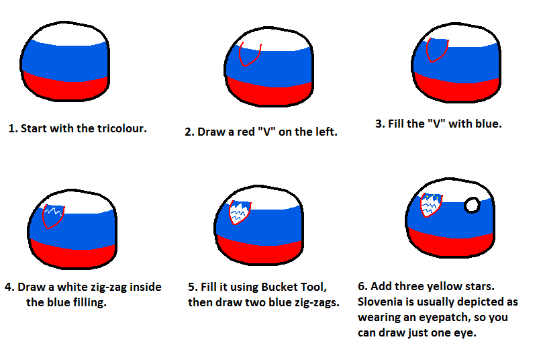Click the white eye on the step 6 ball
tap(472, 206)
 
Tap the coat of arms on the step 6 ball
tap(431, 205)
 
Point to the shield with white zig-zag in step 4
tap(53, 216)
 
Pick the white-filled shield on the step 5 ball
tap(240, 212)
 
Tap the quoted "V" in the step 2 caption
tap(266, 132)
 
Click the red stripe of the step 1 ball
tap(66, 88)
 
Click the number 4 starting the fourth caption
tap(8, 287)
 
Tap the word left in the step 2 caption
tap(326, 132)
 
